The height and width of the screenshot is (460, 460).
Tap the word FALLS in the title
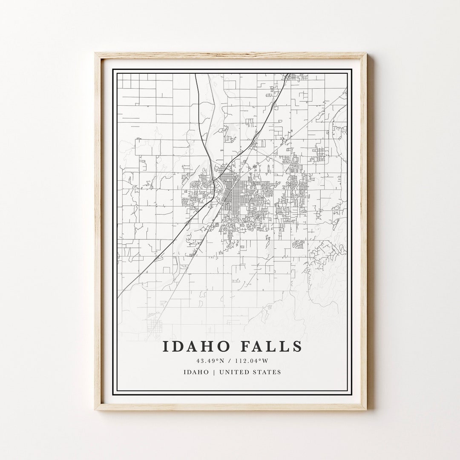click(271, 346)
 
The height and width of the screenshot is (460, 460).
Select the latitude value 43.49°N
click(207, 361)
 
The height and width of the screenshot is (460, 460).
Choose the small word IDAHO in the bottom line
click(196, 372)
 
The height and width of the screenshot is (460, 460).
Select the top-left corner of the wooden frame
click(95, 54)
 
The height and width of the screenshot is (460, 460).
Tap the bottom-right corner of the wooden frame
click(366, 409)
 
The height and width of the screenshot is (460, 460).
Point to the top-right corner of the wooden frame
click(366, 54)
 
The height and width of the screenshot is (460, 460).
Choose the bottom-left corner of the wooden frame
click(95, 409)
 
